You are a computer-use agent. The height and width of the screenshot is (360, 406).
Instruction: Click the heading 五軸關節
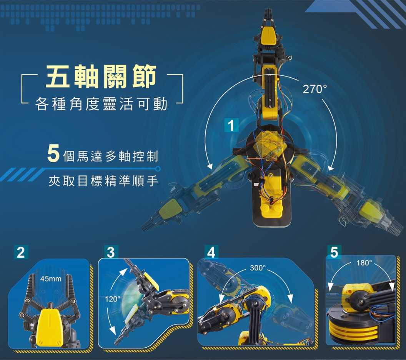[101, 76]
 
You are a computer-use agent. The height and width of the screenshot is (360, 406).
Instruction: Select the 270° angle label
[314, 90]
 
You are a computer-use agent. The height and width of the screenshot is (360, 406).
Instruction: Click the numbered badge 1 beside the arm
[231, 125]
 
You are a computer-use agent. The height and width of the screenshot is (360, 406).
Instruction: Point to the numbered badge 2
[21, 252]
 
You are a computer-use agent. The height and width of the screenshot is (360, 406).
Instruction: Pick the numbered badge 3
[111, 252]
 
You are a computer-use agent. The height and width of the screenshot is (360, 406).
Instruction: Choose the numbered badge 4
[211, 252]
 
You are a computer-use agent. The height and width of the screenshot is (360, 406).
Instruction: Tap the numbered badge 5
[334, 252]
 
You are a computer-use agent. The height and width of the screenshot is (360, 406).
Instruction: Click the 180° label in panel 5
[364, 263]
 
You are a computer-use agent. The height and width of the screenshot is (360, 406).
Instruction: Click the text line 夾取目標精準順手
[103, 181]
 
